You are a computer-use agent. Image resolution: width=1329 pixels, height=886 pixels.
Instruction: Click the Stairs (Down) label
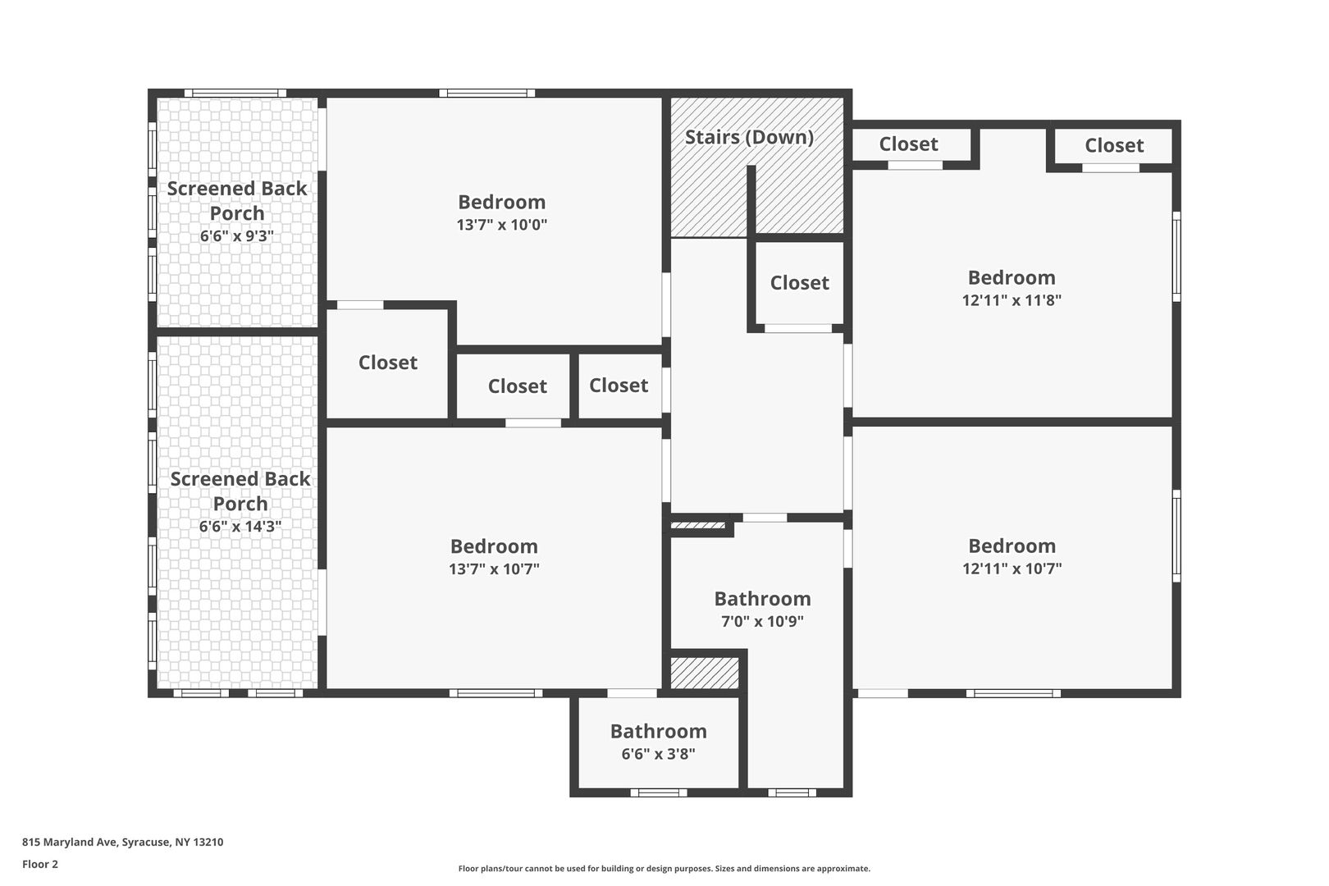tap(749, 137)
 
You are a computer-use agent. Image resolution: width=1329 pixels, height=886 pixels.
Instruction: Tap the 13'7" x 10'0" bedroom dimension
tap(502, 225)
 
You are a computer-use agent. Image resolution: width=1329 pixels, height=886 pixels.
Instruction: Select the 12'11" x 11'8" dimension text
tap(1012, 300)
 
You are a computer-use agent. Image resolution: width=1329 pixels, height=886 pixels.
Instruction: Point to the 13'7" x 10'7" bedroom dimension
tap(494, 569)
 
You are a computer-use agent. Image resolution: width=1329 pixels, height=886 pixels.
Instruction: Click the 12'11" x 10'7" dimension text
tap(1012, 569)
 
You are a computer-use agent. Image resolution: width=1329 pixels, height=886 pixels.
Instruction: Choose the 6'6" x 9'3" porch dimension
tap(237, 236)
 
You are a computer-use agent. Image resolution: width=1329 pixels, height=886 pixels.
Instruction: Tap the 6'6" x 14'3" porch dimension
tap(240, 527)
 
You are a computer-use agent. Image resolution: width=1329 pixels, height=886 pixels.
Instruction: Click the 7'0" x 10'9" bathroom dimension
tap(762, 621)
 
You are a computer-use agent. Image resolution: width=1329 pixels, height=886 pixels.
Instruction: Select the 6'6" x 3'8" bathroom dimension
tap(659, 754)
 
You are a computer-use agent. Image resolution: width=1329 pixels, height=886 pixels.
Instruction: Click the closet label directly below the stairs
tap(800, 283)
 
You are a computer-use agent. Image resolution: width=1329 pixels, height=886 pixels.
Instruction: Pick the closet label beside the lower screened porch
tap(388, 363)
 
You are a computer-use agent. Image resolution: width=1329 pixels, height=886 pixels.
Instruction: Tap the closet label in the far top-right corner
tap(1114, 145)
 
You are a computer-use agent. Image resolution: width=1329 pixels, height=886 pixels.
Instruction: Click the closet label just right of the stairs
tap(908, 144)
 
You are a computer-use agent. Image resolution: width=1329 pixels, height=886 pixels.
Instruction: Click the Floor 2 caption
tap(40, 864)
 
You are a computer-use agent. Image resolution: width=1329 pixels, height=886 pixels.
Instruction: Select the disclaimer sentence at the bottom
tap(664, 869)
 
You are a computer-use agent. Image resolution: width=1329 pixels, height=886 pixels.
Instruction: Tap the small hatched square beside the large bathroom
tap(705, 673)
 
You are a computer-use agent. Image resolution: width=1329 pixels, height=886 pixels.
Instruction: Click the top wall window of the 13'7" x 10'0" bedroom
tap(487, 94)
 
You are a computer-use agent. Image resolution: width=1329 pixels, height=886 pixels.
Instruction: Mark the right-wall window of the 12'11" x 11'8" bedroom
tap(1176, 257)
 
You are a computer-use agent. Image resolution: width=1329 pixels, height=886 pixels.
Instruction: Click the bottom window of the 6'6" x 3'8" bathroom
tap(659, 792)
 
